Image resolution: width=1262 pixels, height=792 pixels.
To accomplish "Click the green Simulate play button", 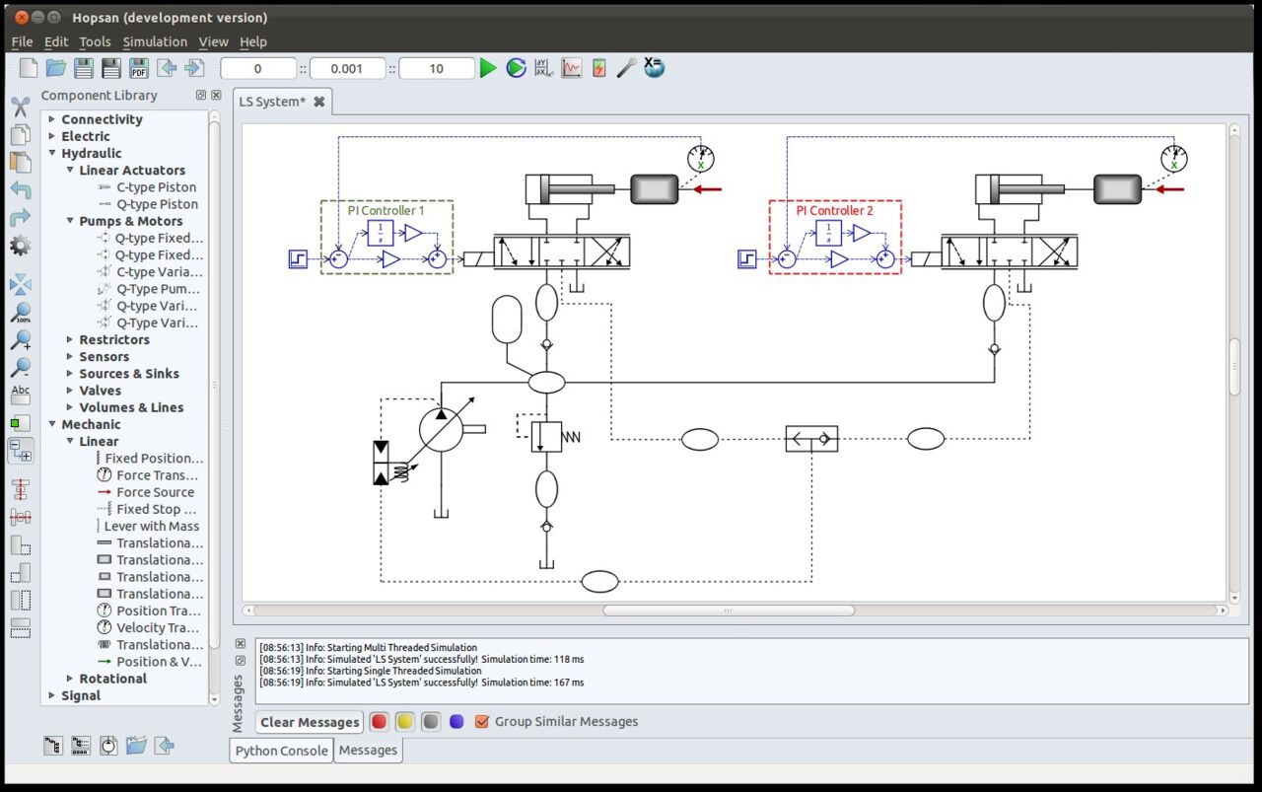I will [x=488, y=68].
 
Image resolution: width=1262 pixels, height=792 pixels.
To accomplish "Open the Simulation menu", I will [x=155, y=41].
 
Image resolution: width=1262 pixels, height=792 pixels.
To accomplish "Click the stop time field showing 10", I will [x=436, y=68].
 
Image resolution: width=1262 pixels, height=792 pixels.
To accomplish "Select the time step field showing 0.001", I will [x=346, y=68].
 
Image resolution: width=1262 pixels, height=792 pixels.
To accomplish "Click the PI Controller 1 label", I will [x=386, y=210].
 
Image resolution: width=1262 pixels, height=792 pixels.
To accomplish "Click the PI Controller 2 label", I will [x=835, y=210].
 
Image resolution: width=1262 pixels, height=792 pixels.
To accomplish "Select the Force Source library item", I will [x=155, y=492].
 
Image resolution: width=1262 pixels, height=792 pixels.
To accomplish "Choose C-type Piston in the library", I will [x=156, y=187].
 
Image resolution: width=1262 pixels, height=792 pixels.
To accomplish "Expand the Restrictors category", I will [x=70, y=340].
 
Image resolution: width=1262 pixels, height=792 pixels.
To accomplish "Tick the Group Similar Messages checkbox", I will [x=482, y=722].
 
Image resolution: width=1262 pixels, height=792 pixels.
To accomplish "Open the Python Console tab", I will [x=281, y=751].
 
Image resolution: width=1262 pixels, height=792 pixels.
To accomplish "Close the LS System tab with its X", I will [x=319, y=102].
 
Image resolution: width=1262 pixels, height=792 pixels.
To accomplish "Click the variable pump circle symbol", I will [x=441, y=430].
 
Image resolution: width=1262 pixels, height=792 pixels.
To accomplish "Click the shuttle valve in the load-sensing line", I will [x=811, y=438].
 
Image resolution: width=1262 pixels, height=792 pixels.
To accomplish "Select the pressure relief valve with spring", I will [x=546, y=435].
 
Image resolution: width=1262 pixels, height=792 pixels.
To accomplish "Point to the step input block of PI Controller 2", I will [x=746, y=258].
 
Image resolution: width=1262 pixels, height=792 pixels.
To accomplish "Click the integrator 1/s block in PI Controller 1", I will [x=381, y=233].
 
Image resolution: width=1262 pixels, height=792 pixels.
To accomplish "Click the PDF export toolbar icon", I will [x=139, y=68].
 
